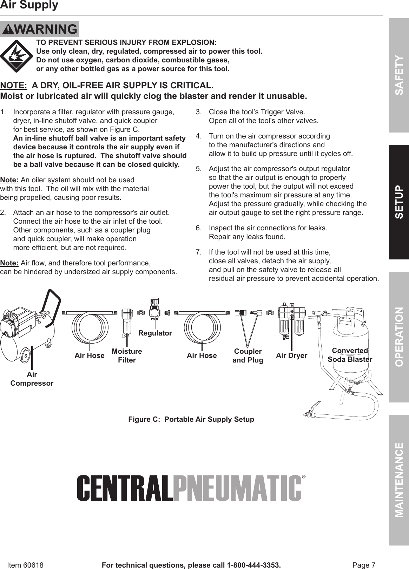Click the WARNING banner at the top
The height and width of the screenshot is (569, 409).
coord(39,29)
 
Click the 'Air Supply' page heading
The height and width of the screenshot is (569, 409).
coord(29,6)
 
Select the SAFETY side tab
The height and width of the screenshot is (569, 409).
coord(399,75)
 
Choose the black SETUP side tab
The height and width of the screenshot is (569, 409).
coord(399,202)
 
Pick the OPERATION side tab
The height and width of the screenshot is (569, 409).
coord(399,337)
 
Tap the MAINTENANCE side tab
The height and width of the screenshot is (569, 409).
coord(399,480)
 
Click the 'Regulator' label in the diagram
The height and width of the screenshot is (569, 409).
coord(155,333)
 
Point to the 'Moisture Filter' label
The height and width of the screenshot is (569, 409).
coord(127,355)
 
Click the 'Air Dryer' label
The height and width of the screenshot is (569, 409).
coord(291,355)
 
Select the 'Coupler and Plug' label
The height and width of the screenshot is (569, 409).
coord(248,355)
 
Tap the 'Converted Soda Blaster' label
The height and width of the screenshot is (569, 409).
coord(350,355)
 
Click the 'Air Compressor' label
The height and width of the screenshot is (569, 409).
coord(32,379)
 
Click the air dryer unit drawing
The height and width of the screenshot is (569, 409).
coord(291,319)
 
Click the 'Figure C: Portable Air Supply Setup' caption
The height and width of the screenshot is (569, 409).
coord(191,419)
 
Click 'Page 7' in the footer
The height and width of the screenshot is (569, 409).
coord(364,565)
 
